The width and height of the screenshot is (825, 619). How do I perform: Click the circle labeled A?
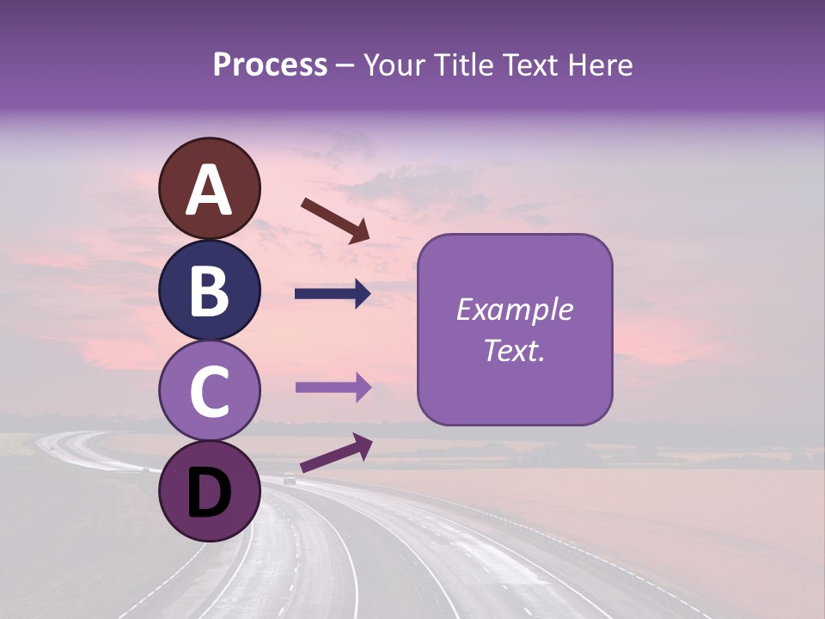(x=209, y=188)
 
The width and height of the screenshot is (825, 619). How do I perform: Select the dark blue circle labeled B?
(x=209, y=290)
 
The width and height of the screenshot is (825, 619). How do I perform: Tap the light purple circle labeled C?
(x=209, y=391)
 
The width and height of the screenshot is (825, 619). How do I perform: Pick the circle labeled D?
(x=209, y=491)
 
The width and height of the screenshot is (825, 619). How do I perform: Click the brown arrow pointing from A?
(x=335, y=219)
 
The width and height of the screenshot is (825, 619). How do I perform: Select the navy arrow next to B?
(x=333, y=294)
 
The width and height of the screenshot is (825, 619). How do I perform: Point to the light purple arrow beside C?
(x=333, y=388)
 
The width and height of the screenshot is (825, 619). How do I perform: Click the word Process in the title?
(x=270, y=65)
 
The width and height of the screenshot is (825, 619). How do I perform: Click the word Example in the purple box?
(x=514, y=310)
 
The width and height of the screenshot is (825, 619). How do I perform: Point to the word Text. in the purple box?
(x=514, y=350)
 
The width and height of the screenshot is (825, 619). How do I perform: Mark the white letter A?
(x=209, y=190)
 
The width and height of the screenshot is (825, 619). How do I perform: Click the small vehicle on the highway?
(x=290, y=481)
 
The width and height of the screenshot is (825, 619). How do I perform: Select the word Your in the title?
(x=390, y=65)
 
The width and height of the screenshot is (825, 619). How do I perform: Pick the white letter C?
(x=209, y=392)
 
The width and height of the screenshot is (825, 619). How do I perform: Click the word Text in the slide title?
(x=525, y=65)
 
